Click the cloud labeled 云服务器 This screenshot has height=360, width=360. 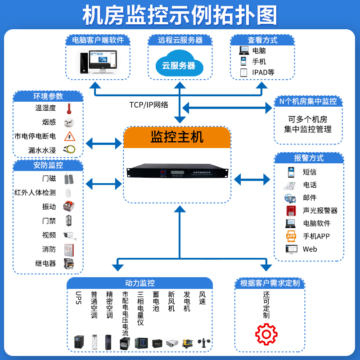179,65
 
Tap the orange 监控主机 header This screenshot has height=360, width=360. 177,137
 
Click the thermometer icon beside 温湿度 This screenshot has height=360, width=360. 69,108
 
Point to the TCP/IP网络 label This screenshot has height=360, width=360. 148,105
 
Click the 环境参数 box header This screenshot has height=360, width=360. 48,96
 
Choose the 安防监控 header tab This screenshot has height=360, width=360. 48,165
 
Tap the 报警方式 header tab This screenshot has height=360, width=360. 309,158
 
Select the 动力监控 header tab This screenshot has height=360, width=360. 139,283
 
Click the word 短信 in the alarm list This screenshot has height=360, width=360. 309,172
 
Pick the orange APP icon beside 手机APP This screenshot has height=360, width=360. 291,236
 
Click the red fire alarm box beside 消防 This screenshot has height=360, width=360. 69,249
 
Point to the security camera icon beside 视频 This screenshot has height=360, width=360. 69,235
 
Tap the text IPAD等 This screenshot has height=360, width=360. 263,72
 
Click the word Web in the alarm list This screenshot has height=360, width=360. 310,249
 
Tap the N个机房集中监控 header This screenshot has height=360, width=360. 308,101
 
